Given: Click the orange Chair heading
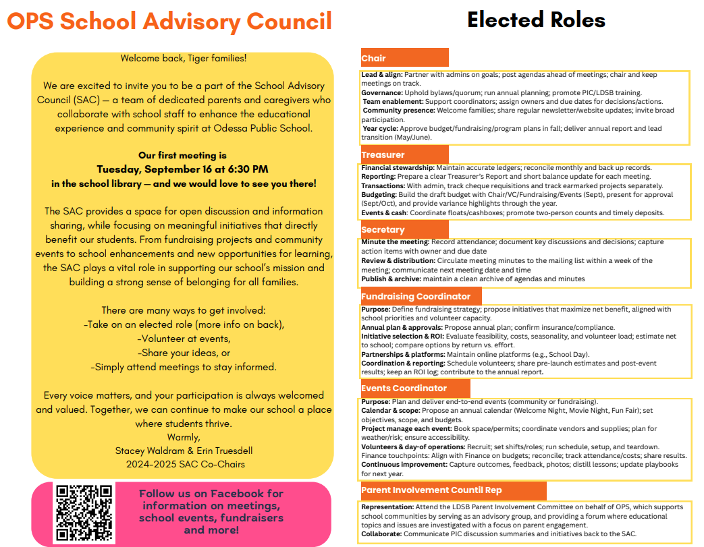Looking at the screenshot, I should (x=374, y=59).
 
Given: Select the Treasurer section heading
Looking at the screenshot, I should (x=383, y=154).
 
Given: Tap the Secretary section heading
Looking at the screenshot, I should (x=383, y=230).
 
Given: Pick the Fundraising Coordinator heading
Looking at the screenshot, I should (x=415, y=296).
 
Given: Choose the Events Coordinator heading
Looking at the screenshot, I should (x=404, y=388).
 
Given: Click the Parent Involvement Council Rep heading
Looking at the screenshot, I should (x=431, y=490).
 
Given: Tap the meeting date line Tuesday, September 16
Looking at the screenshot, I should (x=182, y=169).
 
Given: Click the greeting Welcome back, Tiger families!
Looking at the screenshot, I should (x=183, y=58).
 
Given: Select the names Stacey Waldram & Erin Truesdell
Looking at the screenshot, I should (x=182, y=450).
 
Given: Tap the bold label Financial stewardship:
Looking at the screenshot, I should (x=398, y=167).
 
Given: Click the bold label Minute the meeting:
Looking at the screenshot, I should (x=395, y=242).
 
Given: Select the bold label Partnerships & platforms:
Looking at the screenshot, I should (x=402, y=354).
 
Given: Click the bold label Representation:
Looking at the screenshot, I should (x=387, y=507).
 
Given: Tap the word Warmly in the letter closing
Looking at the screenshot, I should (x=183, y=436).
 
